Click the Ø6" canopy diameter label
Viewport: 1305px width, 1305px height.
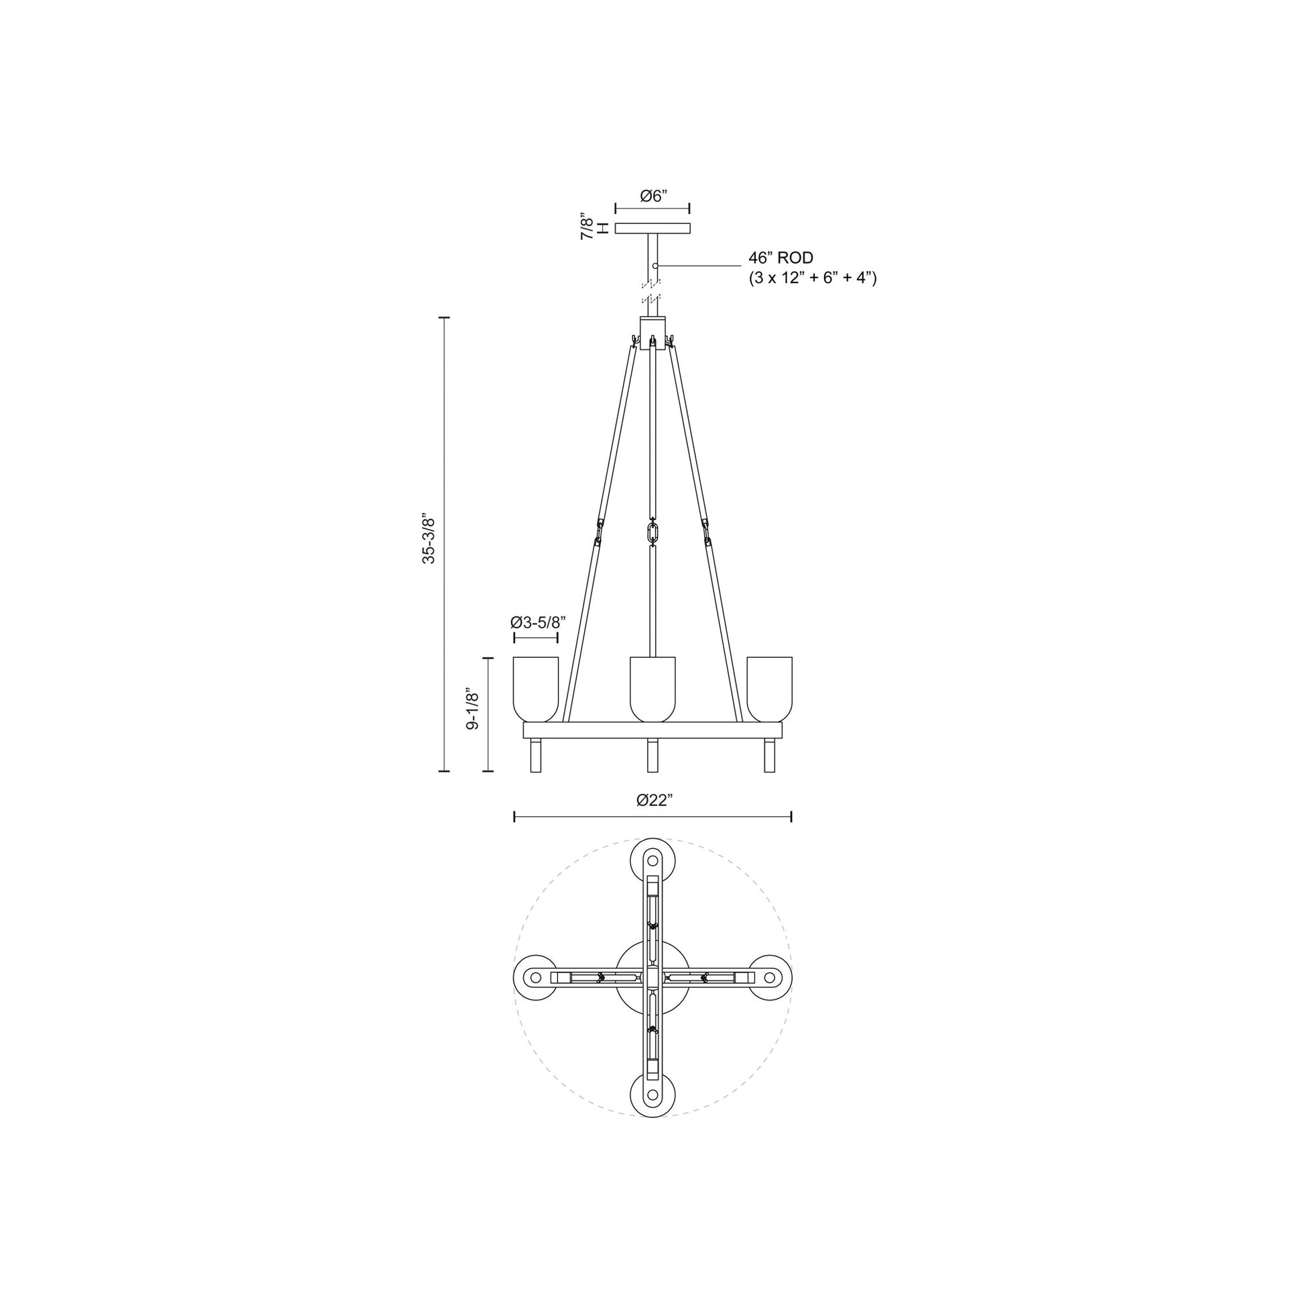[x=653, y=196]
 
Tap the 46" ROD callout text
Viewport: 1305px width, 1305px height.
[x=780, y=258]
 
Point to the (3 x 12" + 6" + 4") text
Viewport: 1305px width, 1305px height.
[x=812, y=278]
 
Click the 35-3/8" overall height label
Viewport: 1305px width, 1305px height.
[x=429, y=538]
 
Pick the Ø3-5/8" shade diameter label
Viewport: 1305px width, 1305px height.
[x=537, y=622]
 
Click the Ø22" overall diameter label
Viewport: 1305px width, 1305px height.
[x=654, y=801]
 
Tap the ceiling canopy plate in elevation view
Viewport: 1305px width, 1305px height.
[x=652, y=228]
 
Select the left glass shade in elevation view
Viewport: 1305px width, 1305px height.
[x=536, y=687]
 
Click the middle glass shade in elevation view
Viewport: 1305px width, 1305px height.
[x=652, y=687]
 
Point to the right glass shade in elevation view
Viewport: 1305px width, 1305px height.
[x=769, y=687]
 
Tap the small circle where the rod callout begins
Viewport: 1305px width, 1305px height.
[x=655, y=266]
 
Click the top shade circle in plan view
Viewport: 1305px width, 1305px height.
[x=652, y=860]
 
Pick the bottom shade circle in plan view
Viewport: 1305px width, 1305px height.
[x=652, y=1096]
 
